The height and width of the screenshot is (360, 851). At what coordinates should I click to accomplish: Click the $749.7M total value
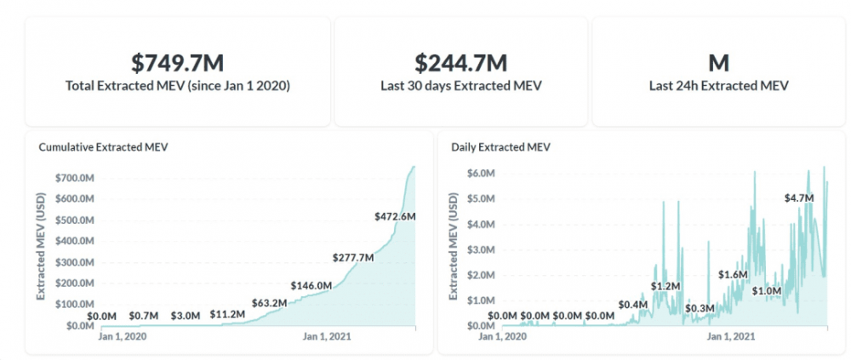tap(177, 63)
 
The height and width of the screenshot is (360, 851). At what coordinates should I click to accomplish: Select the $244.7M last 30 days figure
tap(460, 63)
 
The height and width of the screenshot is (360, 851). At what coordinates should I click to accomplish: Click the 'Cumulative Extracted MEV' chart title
tap(104, 146)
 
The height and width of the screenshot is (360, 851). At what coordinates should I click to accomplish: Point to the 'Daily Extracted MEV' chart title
tap(500, 146)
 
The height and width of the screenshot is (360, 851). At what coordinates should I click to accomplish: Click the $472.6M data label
tap(395, 216)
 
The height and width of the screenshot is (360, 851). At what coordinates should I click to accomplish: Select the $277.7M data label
tap(353, 256)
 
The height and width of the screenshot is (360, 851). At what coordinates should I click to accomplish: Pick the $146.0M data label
tap(311, 285)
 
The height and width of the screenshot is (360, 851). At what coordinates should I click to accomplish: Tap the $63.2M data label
tap(270, 302)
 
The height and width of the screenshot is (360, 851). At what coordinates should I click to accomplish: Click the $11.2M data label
tap(228, 314)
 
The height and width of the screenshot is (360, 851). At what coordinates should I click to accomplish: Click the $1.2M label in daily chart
tap(666, 285)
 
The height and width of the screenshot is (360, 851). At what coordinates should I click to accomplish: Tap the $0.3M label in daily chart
tap(700, 307)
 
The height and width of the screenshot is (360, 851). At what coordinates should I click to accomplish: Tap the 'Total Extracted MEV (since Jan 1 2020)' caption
tap(177, 86)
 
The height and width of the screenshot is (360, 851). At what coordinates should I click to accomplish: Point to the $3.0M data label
tap(185, 316)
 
